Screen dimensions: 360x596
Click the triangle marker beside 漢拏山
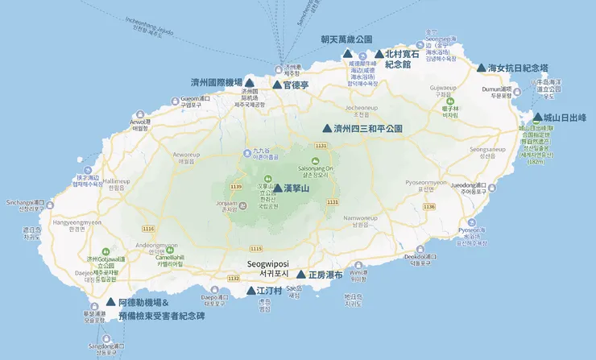278,188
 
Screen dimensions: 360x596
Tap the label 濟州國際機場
216,83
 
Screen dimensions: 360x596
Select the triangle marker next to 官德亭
277,84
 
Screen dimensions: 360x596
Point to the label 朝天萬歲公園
346,39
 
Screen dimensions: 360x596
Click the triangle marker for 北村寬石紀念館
379,54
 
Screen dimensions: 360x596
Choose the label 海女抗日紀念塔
519,68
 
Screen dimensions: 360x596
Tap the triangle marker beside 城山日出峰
538,118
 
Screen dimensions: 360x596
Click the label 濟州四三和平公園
367,128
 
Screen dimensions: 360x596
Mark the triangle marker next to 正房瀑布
301,275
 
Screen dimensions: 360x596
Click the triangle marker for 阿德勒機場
110,303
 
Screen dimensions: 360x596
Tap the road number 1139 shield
236,187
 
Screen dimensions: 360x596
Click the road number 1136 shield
428,207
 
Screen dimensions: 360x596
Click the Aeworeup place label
186,155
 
